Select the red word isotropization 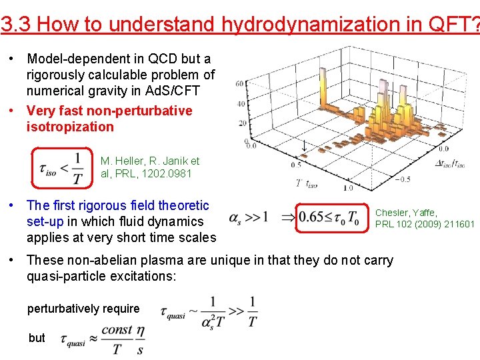70,127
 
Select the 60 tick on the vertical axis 239,83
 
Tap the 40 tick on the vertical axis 241,103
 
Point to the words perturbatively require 83,309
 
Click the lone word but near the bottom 37,338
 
